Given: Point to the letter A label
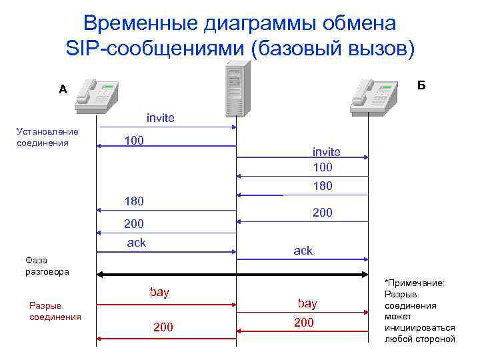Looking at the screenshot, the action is point(63,89).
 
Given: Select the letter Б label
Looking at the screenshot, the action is point(421,85).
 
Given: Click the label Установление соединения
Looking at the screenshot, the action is point(47,137).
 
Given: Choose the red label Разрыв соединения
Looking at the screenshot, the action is point(55,311).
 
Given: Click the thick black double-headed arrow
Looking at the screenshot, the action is point(233,274).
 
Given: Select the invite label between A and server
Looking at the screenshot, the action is point(160,118).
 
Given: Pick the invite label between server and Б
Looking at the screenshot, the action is point(326,152).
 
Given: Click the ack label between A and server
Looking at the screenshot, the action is point(136,243).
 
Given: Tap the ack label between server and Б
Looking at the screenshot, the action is point(303,251).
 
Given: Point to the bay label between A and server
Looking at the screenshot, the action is point(159,292).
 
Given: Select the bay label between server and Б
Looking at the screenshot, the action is point(307,303).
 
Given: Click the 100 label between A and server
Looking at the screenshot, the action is point(134,141).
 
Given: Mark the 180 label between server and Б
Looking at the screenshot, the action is point(322,186).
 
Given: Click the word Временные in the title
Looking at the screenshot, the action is point(139,23).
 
